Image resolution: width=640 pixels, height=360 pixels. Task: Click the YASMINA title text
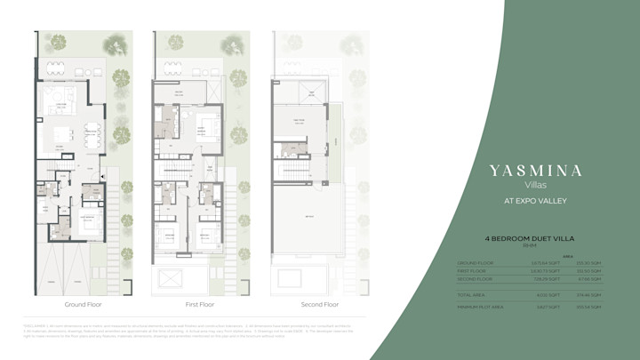click(x=536, y=170)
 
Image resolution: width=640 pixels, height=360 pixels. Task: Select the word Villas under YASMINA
click(x=536, y=185)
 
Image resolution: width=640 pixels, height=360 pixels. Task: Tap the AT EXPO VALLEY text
click(x=536, y=201)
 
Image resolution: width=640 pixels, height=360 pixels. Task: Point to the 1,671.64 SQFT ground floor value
click(x=545, y=263)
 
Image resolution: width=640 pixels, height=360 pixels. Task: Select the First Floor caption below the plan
click(x=201, y=304)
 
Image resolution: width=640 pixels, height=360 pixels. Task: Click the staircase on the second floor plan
click(x=294, y=168)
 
